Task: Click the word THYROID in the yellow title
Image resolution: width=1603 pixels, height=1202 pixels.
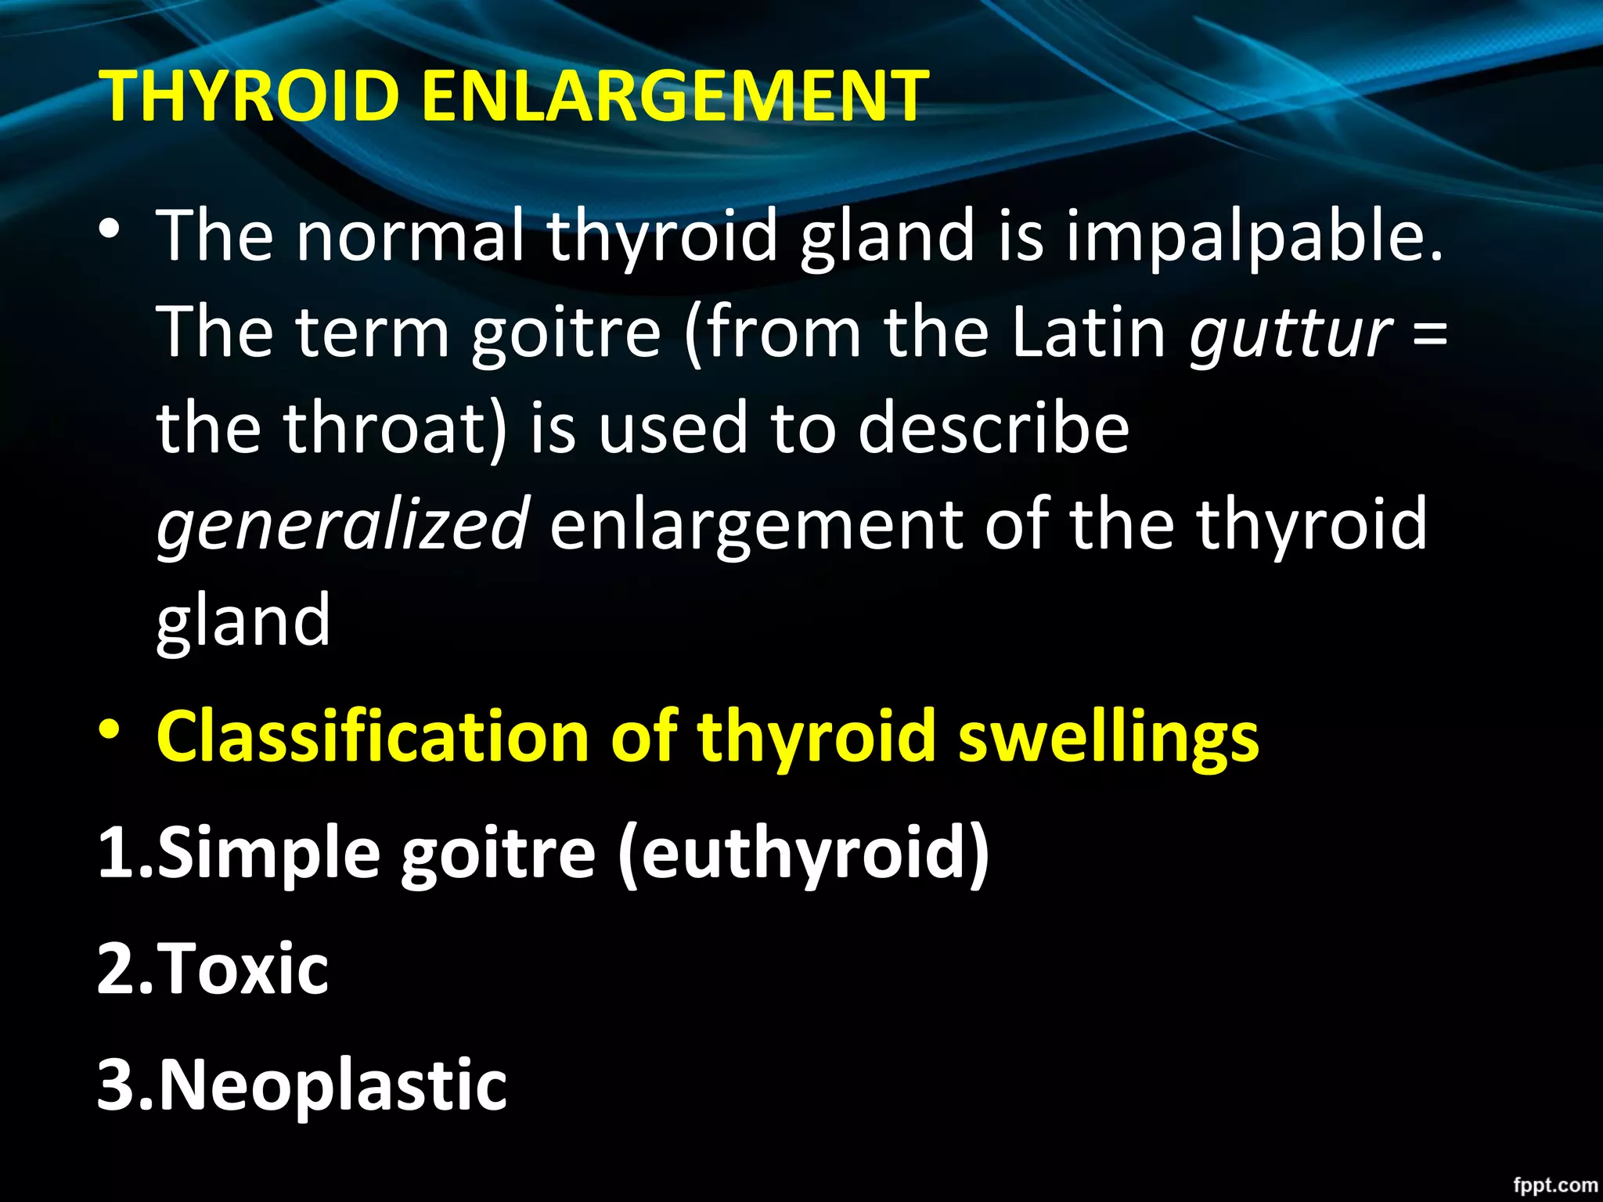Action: click(250, 95)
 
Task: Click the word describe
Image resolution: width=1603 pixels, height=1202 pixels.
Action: click(993, 427)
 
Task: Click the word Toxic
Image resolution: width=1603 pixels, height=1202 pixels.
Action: click(243, 969)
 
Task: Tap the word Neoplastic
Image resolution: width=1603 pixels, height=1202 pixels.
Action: click(333, 1086)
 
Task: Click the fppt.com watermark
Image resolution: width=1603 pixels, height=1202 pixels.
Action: click(1554, 1185)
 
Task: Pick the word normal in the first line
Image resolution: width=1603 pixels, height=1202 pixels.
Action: click(410, 235)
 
